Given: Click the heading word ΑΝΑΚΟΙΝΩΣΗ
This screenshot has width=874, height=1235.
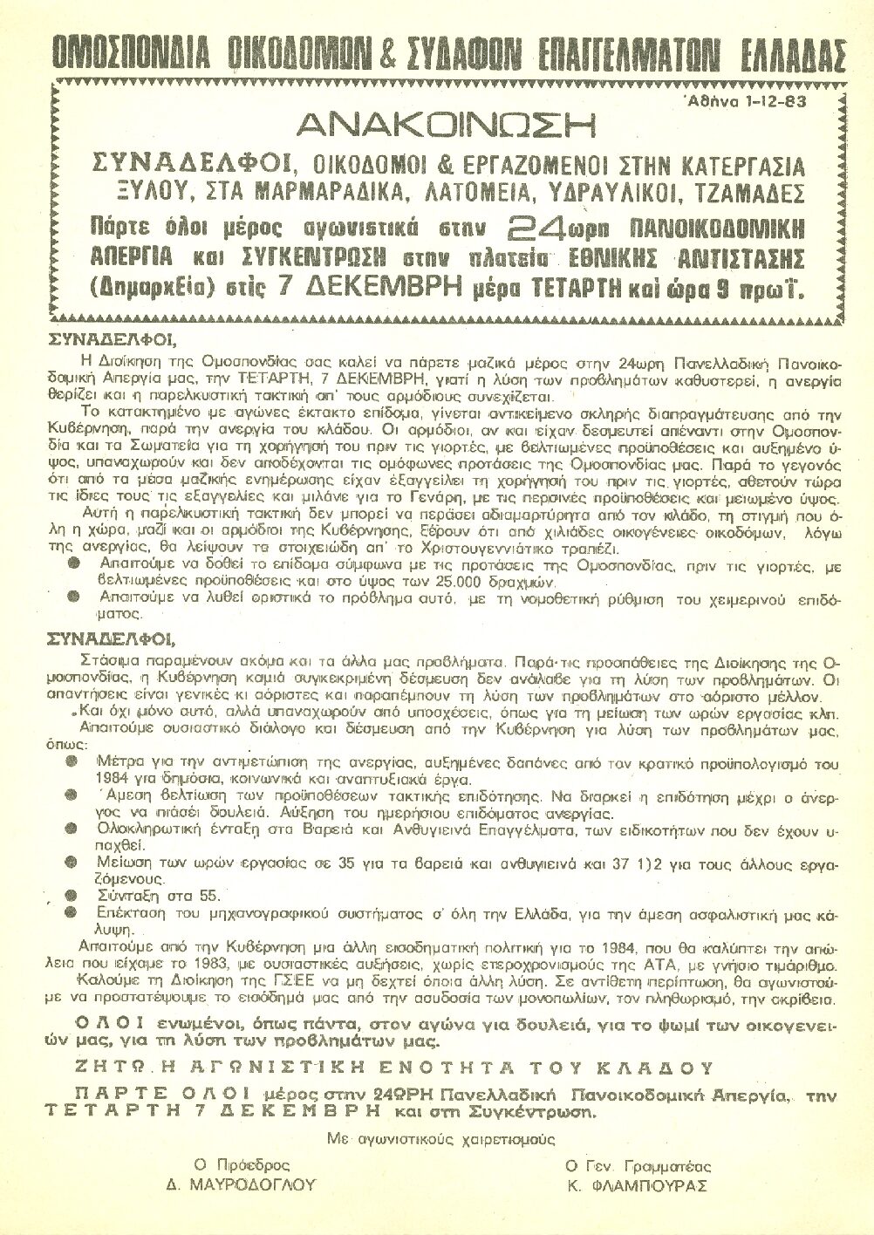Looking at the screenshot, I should [446, 125].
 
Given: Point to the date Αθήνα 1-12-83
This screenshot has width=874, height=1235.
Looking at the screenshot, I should [747, 100].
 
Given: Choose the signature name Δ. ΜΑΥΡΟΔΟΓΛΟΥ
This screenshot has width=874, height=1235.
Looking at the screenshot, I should [242, 1185].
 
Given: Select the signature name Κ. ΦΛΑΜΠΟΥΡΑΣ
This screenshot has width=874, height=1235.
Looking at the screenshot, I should [637, 1185].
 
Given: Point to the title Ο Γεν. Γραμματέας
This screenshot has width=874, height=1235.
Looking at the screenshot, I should [638, 1166].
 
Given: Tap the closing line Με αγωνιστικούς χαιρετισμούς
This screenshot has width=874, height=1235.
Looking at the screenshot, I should [441, 1138].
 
